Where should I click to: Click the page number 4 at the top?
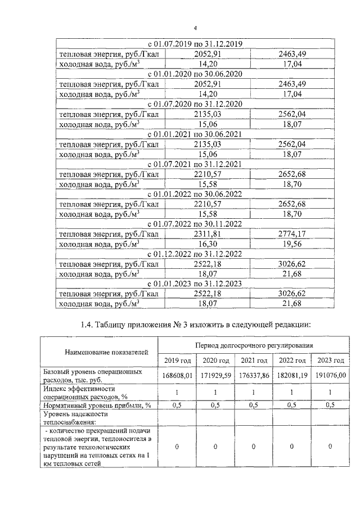coord(195,28)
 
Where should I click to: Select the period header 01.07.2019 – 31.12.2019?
coord(195,44)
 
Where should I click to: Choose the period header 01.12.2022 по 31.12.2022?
coord(195,254)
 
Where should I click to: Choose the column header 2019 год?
coord(177,361)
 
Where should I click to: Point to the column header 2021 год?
coord(253,361)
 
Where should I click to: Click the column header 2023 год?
coord(330,361)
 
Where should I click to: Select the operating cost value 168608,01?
coord(178,376)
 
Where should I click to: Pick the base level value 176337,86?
coord(254,376)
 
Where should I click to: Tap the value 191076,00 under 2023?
coord(330,376)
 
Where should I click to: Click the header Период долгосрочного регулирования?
coord(254,345)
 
